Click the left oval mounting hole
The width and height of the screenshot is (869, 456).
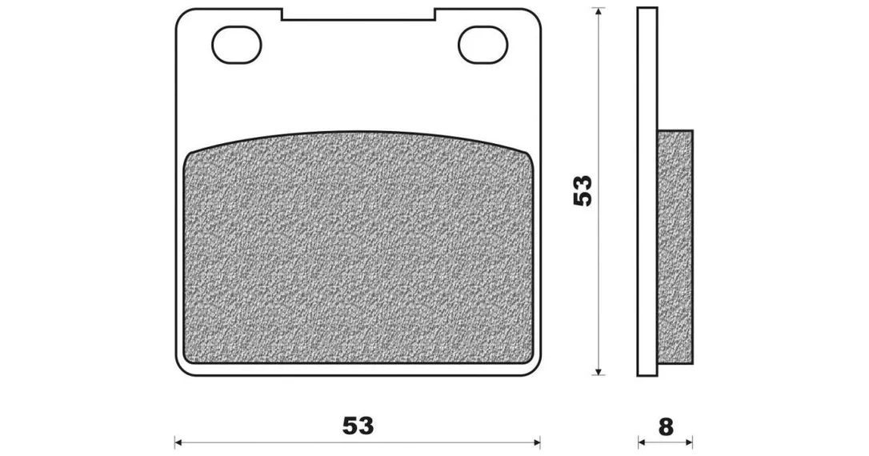[237, 44]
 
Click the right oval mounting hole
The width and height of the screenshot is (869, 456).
[483, 44]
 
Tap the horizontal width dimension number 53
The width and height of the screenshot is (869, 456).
[358, 426]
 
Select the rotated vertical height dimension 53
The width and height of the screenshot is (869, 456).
[583, 191]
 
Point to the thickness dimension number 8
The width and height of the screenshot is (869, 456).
[666, 427]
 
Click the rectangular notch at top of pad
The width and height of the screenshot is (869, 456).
[358, 14]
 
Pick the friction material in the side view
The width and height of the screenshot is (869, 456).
[675, 247]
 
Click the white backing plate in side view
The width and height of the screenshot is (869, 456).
[647, 192]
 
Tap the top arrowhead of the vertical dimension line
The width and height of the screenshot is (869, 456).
[598, 12]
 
